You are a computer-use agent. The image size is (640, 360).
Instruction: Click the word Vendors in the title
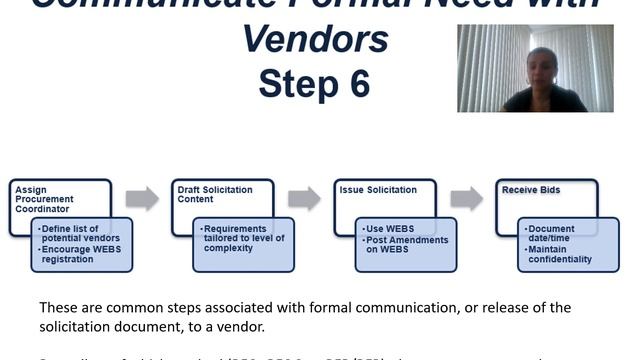click(315, 39)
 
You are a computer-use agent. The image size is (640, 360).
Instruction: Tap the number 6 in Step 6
click(355, 84)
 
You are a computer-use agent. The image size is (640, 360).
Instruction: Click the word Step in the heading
click(296, 84)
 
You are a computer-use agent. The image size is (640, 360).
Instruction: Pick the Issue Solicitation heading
click(377, 189)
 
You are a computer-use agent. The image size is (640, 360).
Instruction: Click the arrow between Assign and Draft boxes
click(142, 198)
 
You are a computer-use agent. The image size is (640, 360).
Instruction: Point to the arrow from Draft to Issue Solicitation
click(305, 198)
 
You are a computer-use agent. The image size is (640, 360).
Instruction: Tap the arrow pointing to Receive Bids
click(467, 198)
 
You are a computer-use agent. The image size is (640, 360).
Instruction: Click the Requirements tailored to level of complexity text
click(243, 243)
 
